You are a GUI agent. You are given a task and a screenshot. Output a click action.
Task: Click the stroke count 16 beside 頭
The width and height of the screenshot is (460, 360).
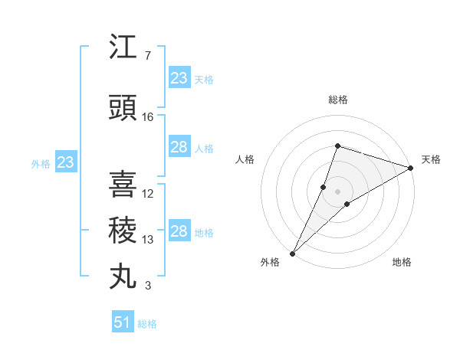[x=148, y=117]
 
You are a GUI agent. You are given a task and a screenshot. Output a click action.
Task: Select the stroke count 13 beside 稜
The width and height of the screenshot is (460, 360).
[x=148, y=240]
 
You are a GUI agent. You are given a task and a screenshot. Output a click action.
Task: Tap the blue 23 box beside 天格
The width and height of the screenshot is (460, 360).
[x=179, y=77]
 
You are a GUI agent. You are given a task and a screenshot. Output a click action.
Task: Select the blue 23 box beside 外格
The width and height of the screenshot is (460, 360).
[x=65, y=162]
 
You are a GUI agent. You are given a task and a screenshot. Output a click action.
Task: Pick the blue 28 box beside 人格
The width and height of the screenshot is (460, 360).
[x=179, y=147]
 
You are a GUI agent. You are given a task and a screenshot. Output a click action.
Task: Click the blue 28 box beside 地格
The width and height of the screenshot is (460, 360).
[x=179, y=231]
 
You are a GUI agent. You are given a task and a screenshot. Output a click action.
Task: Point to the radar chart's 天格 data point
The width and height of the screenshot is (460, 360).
[x=411, y=169]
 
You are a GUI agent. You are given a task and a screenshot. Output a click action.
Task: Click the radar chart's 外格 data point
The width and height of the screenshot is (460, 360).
[x=293, y=253]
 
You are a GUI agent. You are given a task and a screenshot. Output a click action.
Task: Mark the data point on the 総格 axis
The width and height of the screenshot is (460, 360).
[x=337, y=146]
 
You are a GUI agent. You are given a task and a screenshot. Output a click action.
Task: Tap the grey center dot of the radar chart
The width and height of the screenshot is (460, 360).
[x=337, y=191]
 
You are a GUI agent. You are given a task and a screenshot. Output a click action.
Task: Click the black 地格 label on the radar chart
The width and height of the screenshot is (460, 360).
[x=402, y=262]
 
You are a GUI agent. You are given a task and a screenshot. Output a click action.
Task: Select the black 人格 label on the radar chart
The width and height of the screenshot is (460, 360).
[x=245, y=159]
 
